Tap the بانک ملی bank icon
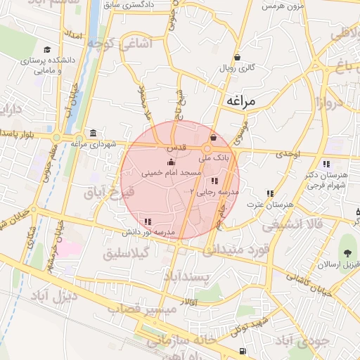tap(214, 138)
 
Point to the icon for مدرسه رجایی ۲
tap(214, 181)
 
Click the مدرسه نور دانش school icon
tap(148, 222)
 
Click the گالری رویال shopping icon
tap(238, 58)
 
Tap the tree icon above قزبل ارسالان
tap(345, 252)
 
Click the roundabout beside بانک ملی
tap(207, 149)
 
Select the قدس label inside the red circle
tap(175, 149)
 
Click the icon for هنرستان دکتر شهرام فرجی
tap(326, 164)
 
